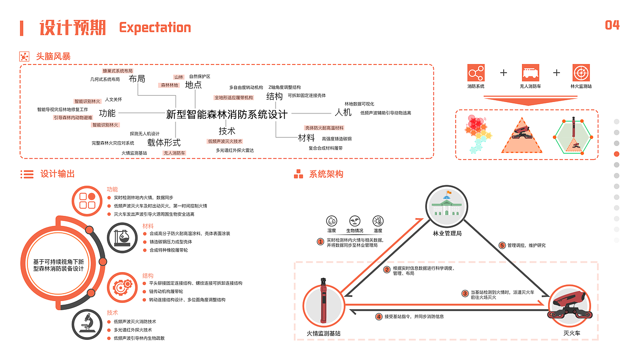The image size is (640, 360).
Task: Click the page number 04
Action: [612, 25]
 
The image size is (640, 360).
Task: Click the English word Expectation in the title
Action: [155, 28]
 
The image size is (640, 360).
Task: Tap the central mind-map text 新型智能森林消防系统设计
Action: [227, 114]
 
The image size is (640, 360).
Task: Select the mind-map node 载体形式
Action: [164, 142]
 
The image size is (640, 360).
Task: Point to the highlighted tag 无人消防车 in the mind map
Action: [174, 153]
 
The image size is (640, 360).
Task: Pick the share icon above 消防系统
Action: [476, 73]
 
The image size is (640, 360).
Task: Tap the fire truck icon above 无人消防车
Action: [530, 73]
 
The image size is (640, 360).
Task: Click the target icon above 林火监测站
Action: [581, 73]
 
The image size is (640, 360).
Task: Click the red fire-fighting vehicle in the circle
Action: [569, 305]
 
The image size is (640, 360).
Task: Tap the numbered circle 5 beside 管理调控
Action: [502, 245]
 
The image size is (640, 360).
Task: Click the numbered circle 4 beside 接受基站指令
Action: [379, 316]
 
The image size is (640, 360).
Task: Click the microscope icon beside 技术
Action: [87, 324]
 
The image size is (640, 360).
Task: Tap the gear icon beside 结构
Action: [122, 287]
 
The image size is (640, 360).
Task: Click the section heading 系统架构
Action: [326, 174]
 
